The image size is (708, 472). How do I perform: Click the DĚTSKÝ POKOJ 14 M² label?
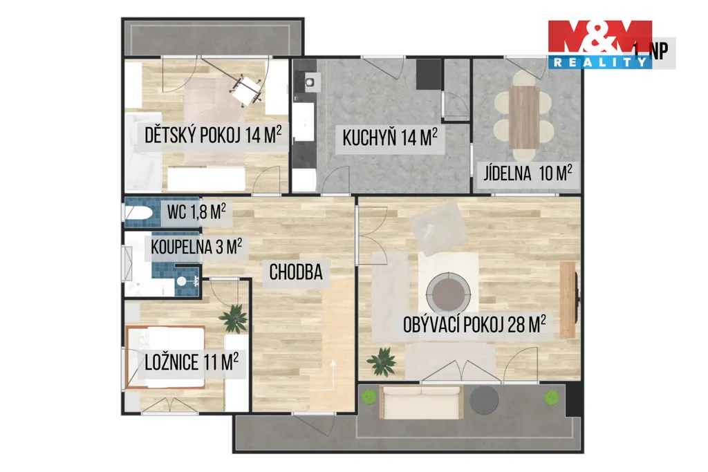tap(213, 135)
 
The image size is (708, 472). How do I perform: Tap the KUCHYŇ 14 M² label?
tap(390, 138)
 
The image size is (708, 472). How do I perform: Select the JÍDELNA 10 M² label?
tap(528, 173)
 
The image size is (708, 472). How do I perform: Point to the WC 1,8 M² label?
tap(196, 211)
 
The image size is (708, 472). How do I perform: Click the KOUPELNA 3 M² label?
tap(196, 247)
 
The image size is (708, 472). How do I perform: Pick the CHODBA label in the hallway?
tap(296, 272)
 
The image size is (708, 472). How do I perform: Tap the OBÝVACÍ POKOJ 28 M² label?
tap(474, 324)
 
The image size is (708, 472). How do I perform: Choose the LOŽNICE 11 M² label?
tap(192, 362)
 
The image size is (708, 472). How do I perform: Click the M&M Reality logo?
tap(600, 44)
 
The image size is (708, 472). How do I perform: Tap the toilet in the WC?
tap(138, 213)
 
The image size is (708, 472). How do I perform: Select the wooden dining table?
tap(524, 117)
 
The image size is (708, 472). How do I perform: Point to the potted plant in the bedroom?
tap(234, 318)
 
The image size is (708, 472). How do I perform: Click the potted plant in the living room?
tap(382, 361)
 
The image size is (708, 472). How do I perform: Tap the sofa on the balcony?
tap(422, 402)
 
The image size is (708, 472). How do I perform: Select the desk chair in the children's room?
tap(247, 91)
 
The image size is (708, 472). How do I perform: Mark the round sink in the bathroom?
tap(181, 281)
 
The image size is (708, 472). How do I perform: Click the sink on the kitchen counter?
tap(310, 82)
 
